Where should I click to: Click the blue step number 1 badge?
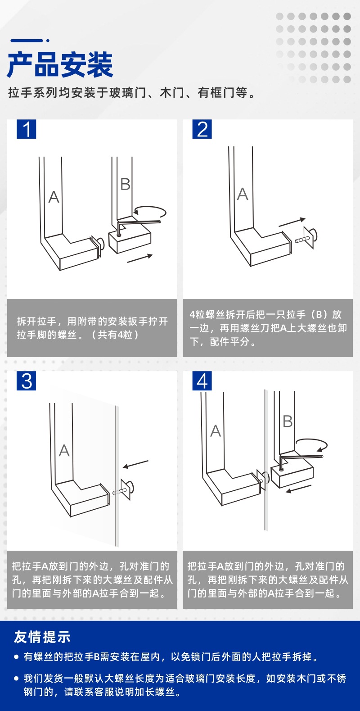(26, 129)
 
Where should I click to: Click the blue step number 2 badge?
(202, 129)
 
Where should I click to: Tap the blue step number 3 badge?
(27, 381)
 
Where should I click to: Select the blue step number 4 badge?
(202, 381)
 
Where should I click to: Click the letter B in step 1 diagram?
(126, 184)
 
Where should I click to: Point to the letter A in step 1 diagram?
(54, 197)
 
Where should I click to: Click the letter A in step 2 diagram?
(243, 194)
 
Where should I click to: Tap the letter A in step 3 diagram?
(64, 450)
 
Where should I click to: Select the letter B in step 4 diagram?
(288, 421)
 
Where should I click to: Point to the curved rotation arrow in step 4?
(311, 444)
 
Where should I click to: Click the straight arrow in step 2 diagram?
(292, 222)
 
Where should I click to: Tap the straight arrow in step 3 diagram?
(135, 464)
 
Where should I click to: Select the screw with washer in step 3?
(126, 490)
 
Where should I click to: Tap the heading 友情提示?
(42, 637)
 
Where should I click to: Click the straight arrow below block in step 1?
(140, 258)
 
